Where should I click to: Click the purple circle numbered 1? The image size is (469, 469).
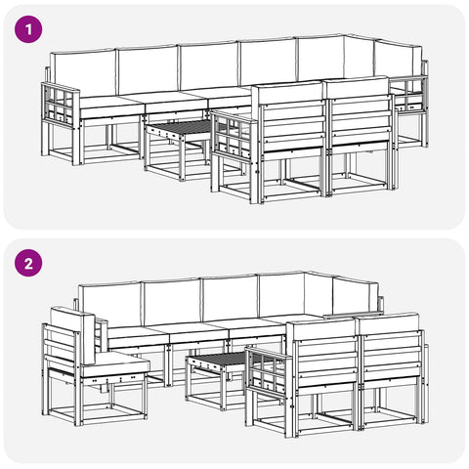click(28, 29)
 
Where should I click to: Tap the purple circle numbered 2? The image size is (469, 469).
click(28, 263)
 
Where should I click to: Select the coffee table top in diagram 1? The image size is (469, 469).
click(179, 127)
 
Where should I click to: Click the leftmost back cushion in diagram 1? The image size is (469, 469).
click(85, 73)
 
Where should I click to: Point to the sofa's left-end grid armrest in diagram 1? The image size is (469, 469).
click(61, 104)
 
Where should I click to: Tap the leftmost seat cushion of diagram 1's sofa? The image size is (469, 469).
click(110, 107)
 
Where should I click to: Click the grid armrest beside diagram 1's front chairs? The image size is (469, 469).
click(232, 135)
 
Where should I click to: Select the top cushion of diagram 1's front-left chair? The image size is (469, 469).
click(288, 94)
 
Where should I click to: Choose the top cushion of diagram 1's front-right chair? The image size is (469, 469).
click(356, 87)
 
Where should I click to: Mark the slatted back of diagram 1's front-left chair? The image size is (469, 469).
click(293, 126)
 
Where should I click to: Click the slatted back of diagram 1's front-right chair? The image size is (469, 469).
click(361, 119)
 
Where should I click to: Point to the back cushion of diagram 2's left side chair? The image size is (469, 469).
click(72, 335)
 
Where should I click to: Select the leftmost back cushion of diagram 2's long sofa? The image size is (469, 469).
click(110, 305)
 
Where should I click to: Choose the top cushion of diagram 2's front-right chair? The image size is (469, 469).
click(388, 323)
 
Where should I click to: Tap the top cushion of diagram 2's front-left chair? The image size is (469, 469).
click(321, 330)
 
